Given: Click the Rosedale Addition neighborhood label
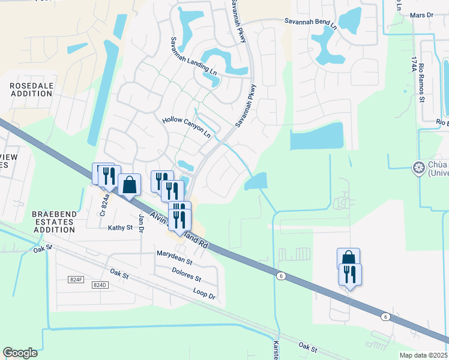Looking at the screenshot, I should pos(32,90).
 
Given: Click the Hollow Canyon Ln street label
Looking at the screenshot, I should pos(187,127).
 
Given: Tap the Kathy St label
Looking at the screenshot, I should pos(119,228).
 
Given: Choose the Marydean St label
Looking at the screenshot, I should pos(174,258).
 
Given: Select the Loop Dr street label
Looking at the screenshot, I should pos(204,292).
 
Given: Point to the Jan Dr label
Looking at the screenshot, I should pos(142,222).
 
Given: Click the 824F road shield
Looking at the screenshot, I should pos(76,279).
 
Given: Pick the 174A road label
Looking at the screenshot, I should pos(414,65).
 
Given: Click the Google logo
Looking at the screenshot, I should pos(20,353).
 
